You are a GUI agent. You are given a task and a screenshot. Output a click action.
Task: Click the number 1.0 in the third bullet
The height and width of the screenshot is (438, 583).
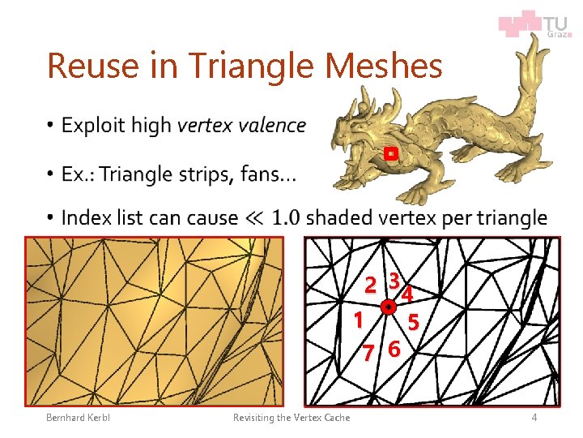click(287, 218)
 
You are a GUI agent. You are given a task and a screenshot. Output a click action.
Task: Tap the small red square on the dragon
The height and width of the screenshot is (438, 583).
click(390, 152)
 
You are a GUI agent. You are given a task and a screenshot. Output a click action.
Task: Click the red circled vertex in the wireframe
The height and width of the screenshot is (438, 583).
click(389, 307)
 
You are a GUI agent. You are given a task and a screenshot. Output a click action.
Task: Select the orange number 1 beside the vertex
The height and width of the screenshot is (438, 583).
click(357, 320)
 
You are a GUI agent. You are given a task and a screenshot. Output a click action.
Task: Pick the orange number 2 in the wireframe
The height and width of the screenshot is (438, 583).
click(370, 286)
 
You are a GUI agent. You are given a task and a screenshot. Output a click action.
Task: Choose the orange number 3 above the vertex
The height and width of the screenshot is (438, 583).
click(393, 280)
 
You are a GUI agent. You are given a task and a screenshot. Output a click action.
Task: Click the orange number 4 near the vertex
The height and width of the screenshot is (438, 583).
click(408, 292)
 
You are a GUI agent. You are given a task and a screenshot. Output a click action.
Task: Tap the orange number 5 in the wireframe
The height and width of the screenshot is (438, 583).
click(413, 323)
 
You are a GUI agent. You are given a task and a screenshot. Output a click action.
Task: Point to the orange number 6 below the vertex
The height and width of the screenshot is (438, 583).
click(394, 350)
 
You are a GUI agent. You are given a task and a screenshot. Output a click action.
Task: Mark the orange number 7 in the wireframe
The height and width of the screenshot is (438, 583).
click(368, 354)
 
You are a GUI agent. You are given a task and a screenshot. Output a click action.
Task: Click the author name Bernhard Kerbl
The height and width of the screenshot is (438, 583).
click(79, 417)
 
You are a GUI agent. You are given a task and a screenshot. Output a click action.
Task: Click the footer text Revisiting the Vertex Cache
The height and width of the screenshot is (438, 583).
click(291, 417)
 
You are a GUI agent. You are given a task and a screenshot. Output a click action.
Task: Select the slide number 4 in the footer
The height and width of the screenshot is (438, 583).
click(534, 417)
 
